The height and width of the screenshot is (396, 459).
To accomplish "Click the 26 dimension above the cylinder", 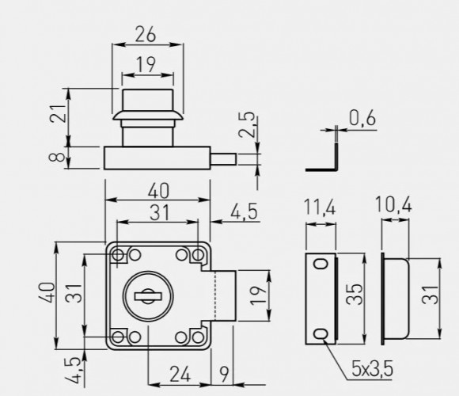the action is click(x=146, y=34).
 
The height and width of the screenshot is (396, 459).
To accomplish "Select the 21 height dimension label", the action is click(x=58, y=113).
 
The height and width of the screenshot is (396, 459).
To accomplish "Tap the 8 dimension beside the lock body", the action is click(x=57, y=158).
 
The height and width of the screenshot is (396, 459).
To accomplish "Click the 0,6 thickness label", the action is click(x=362, y=118).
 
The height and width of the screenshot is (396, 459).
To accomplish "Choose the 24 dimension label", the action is click(x=180, y=374).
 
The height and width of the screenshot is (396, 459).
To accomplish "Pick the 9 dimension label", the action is click(x=224, y=375).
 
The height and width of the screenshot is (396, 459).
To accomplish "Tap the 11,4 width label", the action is click(x=320, y=207).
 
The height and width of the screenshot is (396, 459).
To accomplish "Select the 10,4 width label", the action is click(x=393, y=204).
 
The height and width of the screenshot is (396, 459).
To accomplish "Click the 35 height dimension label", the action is click(x=355, y=295).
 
